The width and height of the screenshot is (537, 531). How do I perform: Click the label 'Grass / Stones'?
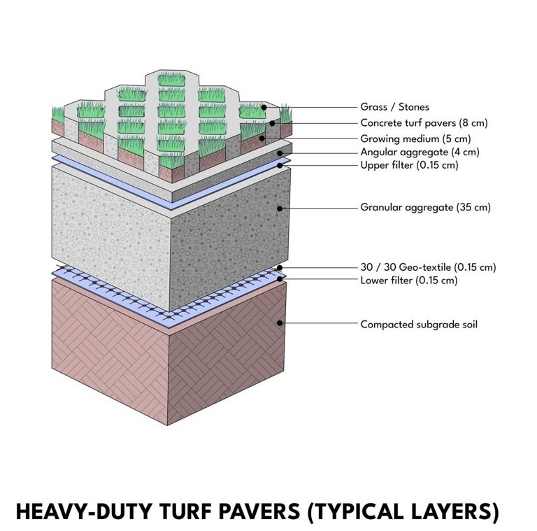coord(394,107)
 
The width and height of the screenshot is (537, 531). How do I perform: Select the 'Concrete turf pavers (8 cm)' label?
coord(424,122)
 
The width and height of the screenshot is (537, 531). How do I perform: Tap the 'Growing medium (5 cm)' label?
coord(416,139)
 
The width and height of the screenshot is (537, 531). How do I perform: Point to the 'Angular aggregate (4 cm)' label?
coord(420,152)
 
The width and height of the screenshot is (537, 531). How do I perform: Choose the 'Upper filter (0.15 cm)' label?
coord(409,165)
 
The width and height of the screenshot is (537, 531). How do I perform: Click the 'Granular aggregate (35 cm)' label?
coord(425,207)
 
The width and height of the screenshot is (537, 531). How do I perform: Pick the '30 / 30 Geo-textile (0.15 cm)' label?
coord(428,267)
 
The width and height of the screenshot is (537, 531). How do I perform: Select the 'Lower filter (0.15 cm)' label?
coord(409,281)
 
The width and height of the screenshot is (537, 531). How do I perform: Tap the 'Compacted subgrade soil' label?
coord(419,325)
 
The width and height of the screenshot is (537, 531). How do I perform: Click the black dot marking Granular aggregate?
coord(280,208)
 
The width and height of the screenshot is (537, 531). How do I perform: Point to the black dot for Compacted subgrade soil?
coord(280,323)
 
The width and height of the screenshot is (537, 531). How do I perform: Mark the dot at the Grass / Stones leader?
coord(264,107)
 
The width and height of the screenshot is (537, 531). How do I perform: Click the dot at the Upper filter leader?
coord(280,166)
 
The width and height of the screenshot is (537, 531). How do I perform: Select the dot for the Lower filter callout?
coord(280,279)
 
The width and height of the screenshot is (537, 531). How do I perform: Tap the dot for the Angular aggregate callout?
coord(280,153)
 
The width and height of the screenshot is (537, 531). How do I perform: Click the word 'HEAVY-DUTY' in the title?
coord(84,512)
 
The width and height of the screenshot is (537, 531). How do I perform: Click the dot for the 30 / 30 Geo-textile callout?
coord(280,267)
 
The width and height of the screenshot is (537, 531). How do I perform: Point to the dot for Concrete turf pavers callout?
coord(272,123)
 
